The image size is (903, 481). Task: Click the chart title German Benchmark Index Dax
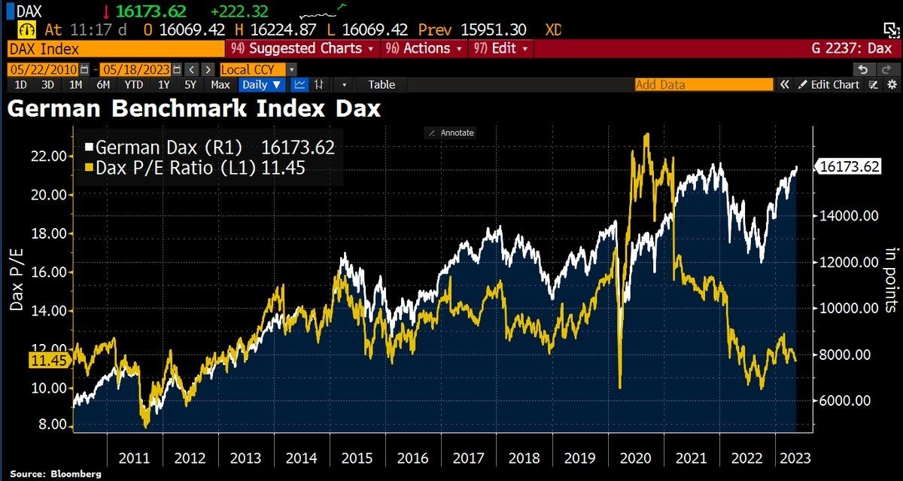click(x=193, y=108)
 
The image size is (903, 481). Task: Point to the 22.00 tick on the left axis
click(x=47, y=156)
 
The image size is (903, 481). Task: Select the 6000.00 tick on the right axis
click(x=847, y=400)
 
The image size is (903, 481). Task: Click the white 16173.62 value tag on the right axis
click(x=850, y=167)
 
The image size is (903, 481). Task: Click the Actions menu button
click(x=421, y=48)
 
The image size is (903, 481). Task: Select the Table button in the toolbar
click(x=381, y=84)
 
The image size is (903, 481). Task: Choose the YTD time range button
click(x=133, y=84)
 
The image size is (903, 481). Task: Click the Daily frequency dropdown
click(x=261, y=84)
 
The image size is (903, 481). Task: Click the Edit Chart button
click(x=829, y=84)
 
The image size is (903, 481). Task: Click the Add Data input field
click(x=703, y=84)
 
